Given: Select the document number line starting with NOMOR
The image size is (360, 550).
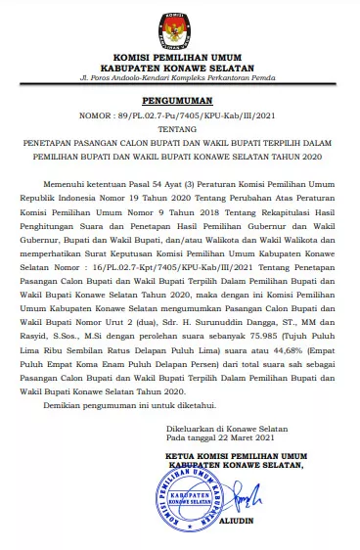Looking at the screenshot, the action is coord(179,115).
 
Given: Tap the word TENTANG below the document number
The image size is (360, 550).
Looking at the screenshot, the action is coord(179,128).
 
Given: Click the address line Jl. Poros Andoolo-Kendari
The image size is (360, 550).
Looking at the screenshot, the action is coord(180,75).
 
